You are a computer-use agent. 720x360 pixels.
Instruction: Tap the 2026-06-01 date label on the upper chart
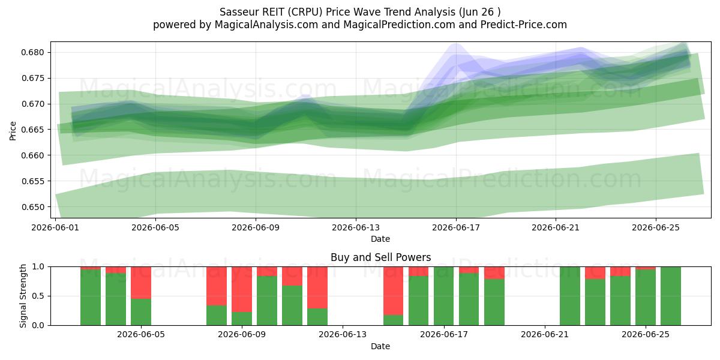point(55,227)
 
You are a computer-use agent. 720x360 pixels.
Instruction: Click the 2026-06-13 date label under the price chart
point(356,227)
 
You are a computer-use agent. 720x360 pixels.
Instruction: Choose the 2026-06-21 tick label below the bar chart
point(545,335)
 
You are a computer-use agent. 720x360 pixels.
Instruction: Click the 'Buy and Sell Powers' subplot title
point(380,257)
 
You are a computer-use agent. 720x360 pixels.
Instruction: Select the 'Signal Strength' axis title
point(23,296)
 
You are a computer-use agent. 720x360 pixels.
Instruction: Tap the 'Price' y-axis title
point(13,131)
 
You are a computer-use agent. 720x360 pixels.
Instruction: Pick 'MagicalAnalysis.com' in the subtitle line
point(266,25)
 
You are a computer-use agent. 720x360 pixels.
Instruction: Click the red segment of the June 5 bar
point(141,283)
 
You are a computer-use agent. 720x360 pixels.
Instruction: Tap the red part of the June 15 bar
point(393,291)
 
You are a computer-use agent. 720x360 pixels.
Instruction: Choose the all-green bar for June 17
point(443,296)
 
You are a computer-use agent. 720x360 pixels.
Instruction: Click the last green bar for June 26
point(671,296)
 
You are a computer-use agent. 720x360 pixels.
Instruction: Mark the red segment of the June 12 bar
point(317,287)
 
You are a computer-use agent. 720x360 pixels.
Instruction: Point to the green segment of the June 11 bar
point(292,305)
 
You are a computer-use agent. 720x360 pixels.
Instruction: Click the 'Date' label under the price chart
point(380,239)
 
